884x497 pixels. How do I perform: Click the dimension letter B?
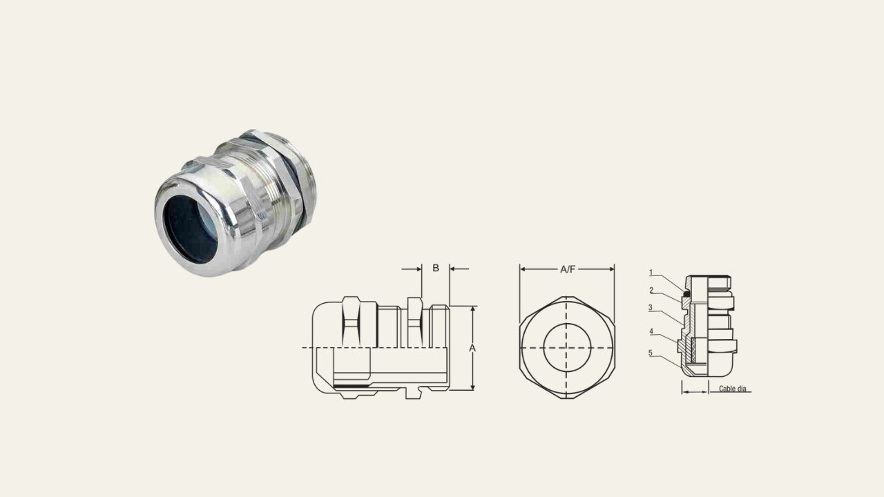click(436, 268)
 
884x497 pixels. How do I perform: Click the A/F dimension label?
click(568, 269)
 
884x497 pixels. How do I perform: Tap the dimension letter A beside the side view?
click(472, 349)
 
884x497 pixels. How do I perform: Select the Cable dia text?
click(733, 389)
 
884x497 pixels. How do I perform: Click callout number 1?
click(651, 272)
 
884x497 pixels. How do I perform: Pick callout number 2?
click(651, 291)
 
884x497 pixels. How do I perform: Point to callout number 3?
click(651, 308)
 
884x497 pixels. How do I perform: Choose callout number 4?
click(651, 331)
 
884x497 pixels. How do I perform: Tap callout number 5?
click(651, 353)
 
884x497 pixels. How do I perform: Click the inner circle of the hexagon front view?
click(567, 324)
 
